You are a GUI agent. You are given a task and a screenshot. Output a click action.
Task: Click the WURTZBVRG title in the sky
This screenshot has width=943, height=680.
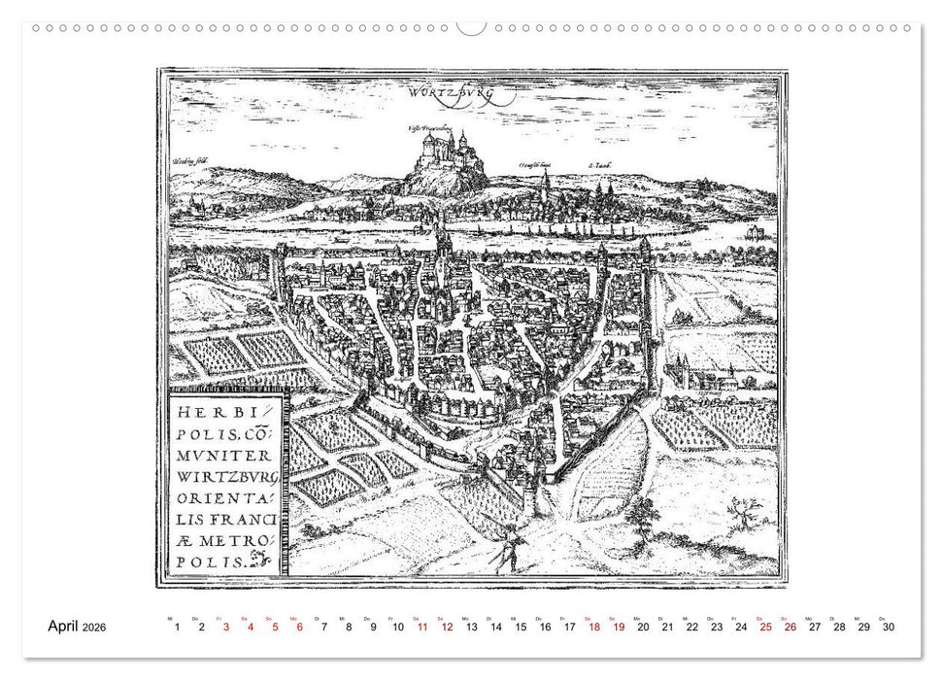(453, 94)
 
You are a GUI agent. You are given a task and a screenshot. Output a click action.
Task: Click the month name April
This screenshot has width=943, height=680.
(69, 627)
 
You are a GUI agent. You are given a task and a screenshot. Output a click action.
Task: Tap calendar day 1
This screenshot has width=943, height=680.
(177, 627)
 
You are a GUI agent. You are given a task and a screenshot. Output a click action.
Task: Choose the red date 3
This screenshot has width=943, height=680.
(226, 627)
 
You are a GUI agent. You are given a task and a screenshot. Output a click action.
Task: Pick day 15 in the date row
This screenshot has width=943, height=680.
(521, 627)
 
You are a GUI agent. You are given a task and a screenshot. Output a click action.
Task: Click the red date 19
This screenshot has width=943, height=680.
(619, 627)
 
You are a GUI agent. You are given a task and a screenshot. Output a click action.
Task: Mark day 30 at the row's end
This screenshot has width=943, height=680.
(887, 627)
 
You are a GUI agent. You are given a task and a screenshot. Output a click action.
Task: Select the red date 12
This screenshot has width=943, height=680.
(447, 627)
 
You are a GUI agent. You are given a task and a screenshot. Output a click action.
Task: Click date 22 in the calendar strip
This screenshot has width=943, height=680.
(691, 627)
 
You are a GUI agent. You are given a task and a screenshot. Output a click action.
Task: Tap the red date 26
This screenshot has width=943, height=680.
(790, 627)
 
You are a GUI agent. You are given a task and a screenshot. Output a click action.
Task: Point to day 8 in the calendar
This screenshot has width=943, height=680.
(349, 627)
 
